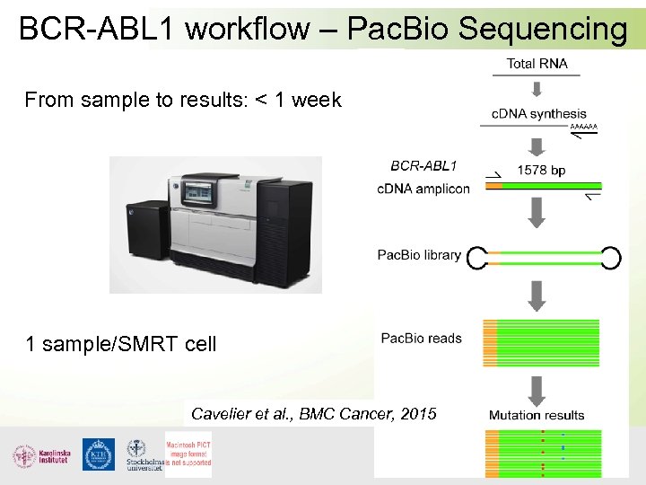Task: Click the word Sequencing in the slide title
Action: [542, 30]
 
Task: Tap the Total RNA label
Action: [537, 63]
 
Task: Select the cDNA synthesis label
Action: [538, 113]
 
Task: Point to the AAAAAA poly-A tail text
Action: [583, 128]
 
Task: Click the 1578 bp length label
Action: [541, 170]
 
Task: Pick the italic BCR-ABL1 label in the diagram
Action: [423, 165]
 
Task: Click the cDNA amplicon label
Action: [423, 189]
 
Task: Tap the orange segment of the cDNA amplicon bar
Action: [494, 187]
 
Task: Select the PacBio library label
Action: [419, 255]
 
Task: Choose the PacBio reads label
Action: [421, 339]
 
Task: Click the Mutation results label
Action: [536, 415]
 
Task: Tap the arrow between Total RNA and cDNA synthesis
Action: [537, 88]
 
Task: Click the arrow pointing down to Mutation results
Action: [537, 389]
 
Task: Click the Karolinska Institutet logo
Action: [37, 455]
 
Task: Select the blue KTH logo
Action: [98, 454]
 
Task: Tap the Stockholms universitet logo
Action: [141, 455]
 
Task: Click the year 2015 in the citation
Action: [418, 413]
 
